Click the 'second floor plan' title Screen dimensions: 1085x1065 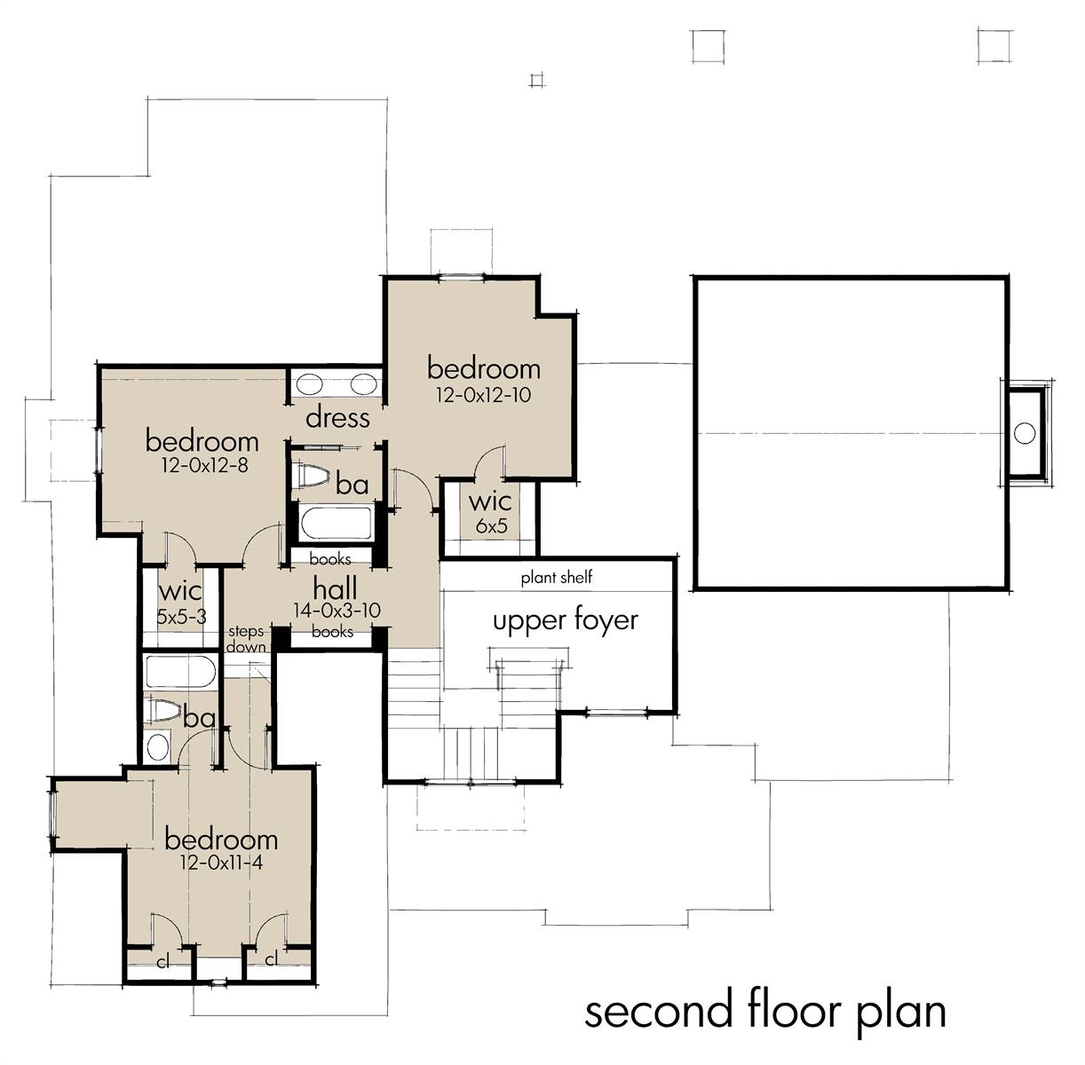[x=765, y=1013]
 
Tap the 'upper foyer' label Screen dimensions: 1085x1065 [x=566, y=622]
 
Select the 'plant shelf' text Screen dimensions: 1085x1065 [x=557, y=578]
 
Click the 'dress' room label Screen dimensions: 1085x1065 [x=337, y=418]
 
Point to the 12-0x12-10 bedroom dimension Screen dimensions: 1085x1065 [x=483, y=395]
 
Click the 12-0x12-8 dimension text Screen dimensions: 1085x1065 [x=204, y=466]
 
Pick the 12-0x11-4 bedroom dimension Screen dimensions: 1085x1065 [x=221, y=863]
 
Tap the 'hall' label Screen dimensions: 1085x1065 [x=335, y=588]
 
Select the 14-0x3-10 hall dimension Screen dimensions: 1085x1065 [x=337, y=611]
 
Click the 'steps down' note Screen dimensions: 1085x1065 [x=246, y=639]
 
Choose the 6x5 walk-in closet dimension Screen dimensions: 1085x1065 [x=491, y=525]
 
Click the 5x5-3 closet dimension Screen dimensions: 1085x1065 [x=181, y=617]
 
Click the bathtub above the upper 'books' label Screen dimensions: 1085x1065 [x=337, y=524]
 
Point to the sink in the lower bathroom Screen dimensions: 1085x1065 [x=157, y=747]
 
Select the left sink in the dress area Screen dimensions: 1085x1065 [x=309, y=385]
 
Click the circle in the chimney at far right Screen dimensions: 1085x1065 [x=1025, y=433]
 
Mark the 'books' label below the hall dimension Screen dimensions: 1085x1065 [x=332, y=632]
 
